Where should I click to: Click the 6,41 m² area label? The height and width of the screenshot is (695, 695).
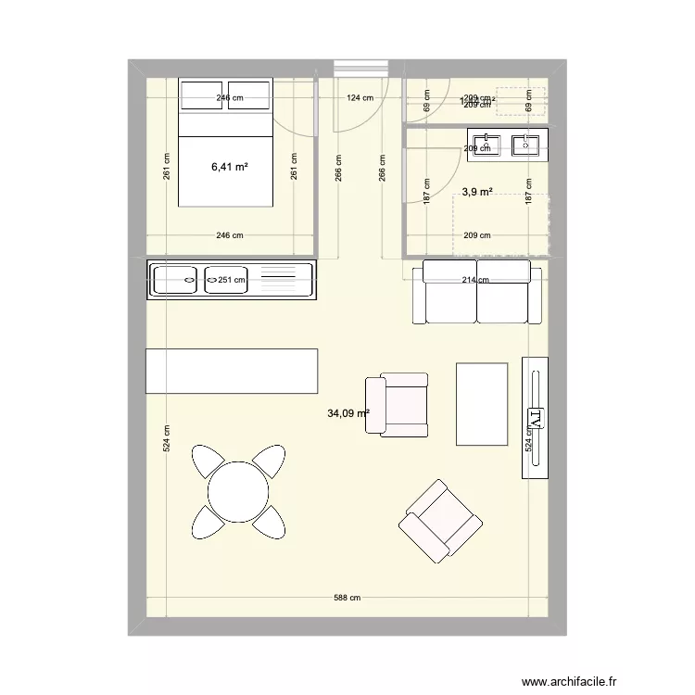tap(229, 168)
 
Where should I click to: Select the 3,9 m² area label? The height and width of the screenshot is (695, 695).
tap(476, 192)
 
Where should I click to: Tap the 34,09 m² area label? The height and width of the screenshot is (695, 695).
tap(347, 414)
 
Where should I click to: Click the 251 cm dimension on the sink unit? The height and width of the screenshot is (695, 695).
tap(231, 279)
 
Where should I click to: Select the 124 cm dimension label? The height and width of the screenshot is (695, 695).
tap(360, 97)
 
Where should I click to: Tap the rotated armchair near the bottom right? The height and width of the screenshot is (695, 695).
tap(440, 522)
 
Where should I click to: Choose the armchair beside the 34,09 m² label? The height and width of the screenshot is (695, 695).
tap(398, 405)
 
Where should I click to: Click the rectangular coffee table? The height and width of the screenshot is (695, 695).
tap(482, 404)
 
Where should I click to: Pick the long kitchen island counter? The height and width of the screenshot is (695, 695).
tap(232, 371)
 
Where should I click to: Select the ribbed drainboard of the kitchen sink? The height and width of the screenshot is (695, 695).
tap(284, 279)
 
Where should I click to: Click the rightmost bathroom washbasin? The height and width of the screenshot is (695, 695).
tap(527, 145)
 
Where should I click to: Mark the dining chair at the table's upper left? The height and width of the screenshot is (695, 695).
tap(208, 461)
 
